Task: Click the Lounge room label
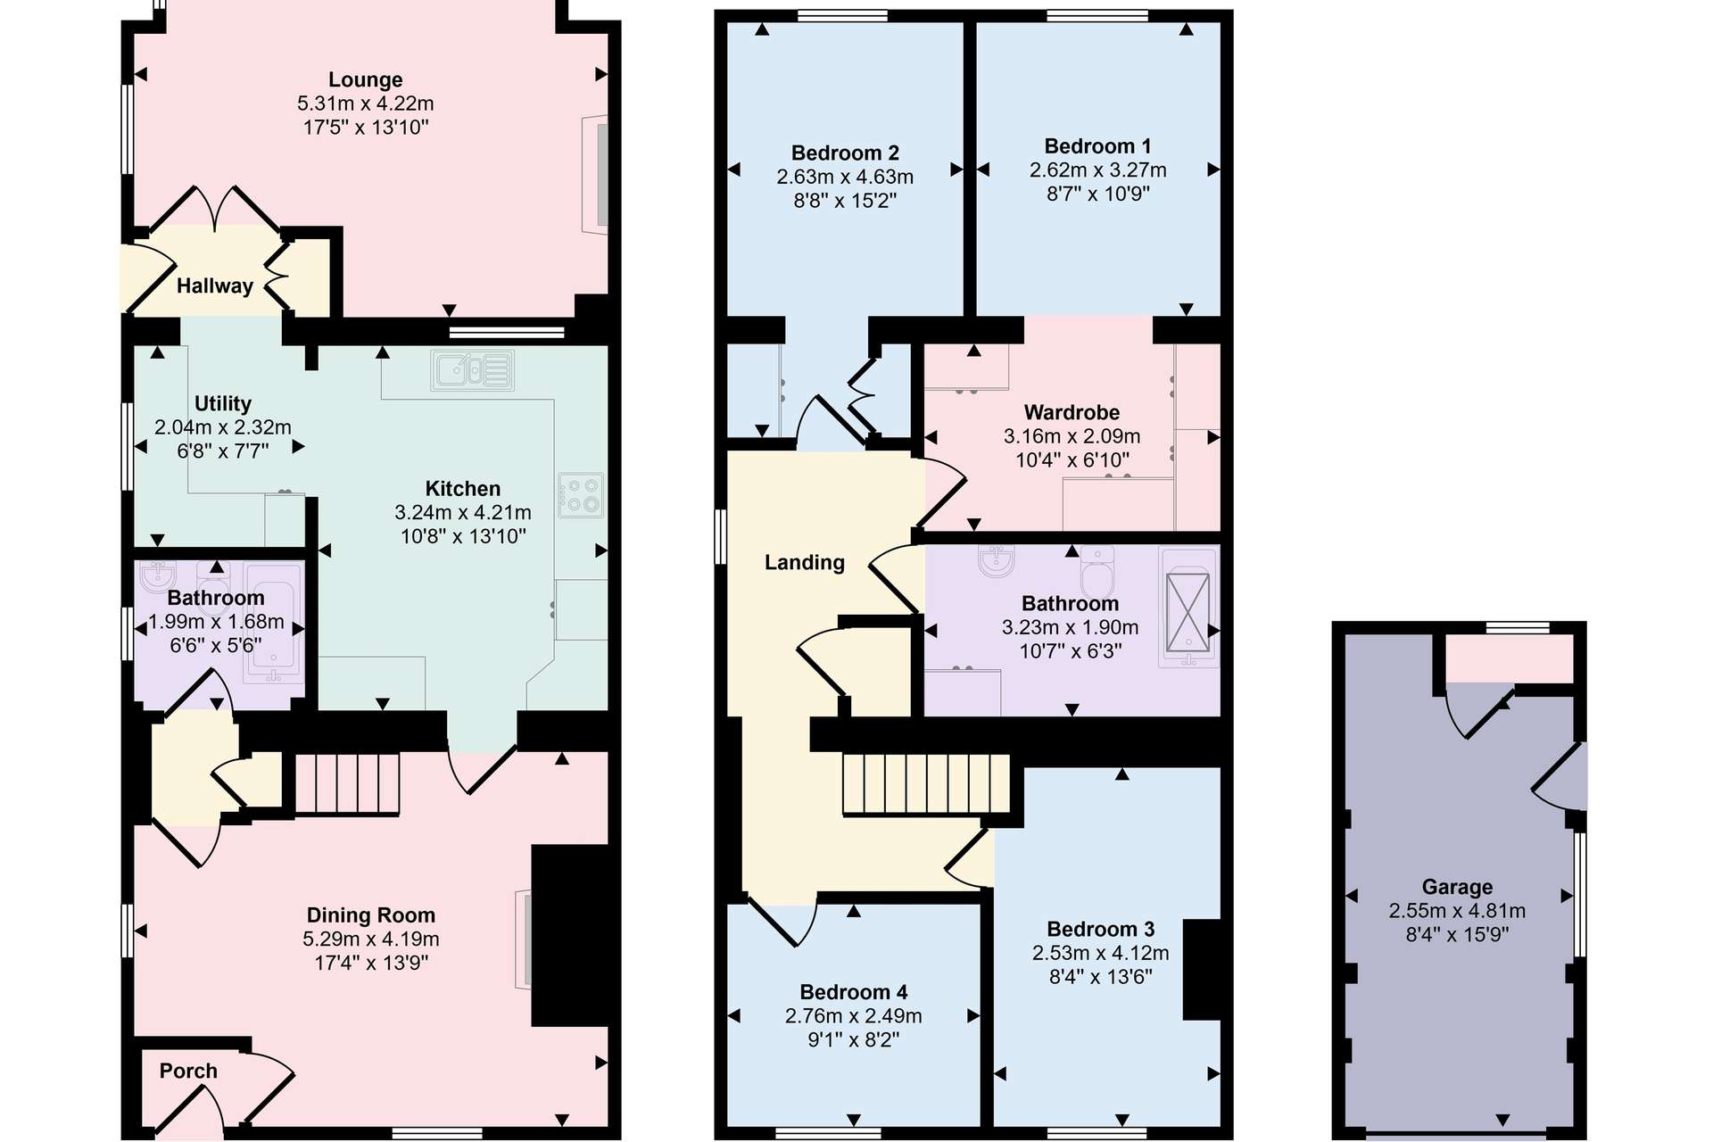(366, 80)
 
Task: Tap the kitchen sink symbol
(473, 369)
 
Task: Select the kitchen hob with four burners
(581, 495)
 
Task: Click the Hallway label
(215, 286)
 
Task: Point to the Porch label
(188, 1071)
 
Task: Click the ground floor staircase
(347, 784)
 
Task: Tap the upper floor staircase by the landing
(927, 785)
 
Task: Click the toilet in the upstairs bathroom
(1097, 574)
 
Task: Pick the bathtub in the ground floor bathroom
(274, 624)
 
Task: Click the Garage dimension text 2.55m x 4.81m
(1457, 911)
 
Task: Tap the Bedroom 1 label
(1097, 146)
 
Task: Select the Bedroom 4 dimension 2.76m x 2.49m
(854, 1016)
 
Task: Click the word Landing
(805, 562)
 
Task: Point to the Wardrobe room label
(1072, 412)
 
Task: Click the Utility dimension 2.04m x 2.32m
(223, 427)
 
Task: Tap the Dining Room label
(371, 915)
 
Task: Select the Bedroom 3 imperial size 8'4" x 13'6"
(1101, 977)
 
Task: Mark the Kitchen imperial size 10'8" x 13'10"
(463, 536)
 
